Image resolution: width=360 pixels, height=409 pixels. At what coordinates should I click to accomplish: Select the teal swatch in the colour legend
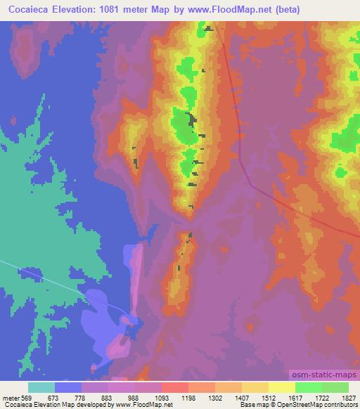[x=41, y=388]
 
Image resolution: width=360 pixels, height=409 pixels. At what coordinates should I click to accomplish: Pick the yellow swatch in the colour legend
[x=281, y=388]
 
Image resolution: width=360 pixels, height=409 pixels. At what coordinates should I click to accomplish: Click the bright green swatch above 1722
[x=308, y=388]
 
